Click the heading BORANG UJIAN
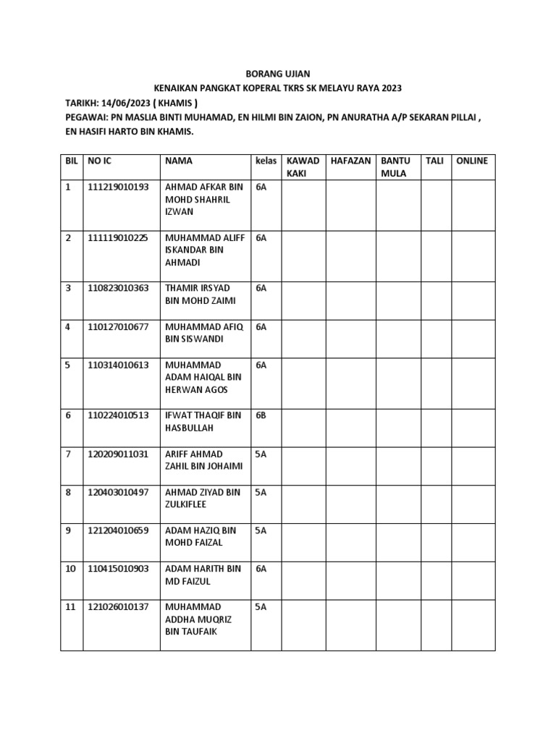pos(278,74)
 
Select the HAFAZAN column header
pos(350,161)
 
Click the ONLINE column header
pos(471,161)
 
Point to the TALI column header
pos(434,161)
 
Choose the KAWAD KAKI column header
pos(303,167)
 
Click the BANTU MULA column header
pos(395,167)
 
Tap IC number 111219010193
pos(118,187)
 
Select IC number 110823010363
pos(118,288)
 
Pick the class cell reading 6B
pos(261,415)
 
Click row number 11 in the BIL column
pos(70,606)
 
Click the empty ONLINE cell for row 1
pos(473,205)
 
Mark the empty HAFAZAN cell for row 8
pos(350,503)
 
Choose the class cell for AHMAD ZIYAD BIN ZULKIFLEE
pos(261,492)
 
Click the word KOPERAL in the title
pos(264,88)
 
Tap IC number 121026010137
pos(118,606)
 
